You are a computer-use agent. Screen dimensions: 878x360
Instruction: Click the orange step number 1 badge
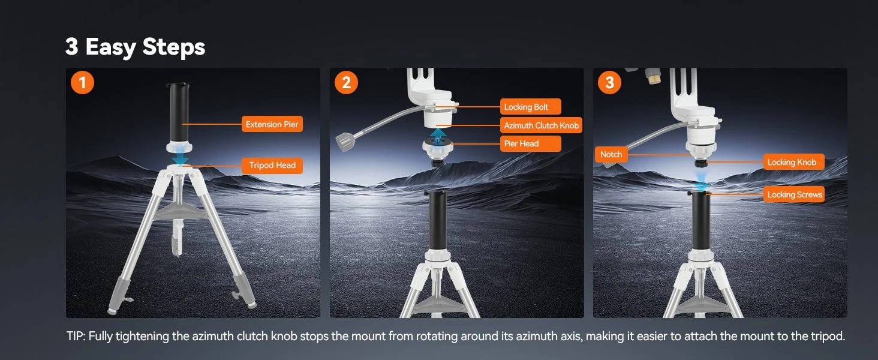(x=82, y=83)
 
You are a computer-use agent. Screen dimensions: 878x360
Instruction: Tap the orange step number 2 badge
(x=346, y=83)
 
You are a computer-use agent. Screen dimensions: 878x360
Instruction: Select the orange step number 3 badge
(x=609, y=83)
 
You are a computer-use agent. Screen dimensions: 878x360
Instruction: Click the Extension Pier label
(x=272, y=124)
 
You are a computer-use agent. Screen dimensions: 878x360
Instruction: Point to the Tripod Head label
(x=272, y=165)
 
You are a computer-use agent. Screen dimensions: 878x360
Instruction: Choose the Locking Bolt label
(x=530, y=107)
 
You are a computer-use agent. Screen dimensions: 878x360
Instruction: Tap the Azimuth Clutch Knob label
(x=541, y=125)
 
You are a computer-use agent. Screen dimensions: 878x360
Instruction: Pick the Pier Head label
(x=530, y=143)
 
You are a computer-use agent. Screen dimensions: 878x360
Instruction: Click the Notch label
(x=611, y=155)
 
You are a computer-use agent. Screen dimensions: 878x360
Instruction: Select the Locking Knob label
(x=793, y=162)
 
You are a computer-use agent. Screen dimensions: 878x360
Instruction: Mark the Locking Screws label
(x=793, y=194)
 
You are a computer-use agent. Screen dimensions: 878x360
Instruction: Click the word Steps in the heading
(x=174, y=47)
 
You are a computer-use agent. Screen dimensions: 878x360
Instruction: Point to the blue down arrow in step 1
(x=181, y=159)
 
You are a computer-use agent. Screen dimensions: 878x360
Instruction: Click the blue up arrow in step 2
(x=438, y=135)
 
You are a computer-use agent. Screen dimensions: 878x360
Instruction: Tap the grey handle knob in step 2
(x=345, y=142)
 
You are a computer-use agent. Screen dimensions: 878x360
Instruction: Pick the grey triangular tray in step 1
(x=179, y=211)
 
